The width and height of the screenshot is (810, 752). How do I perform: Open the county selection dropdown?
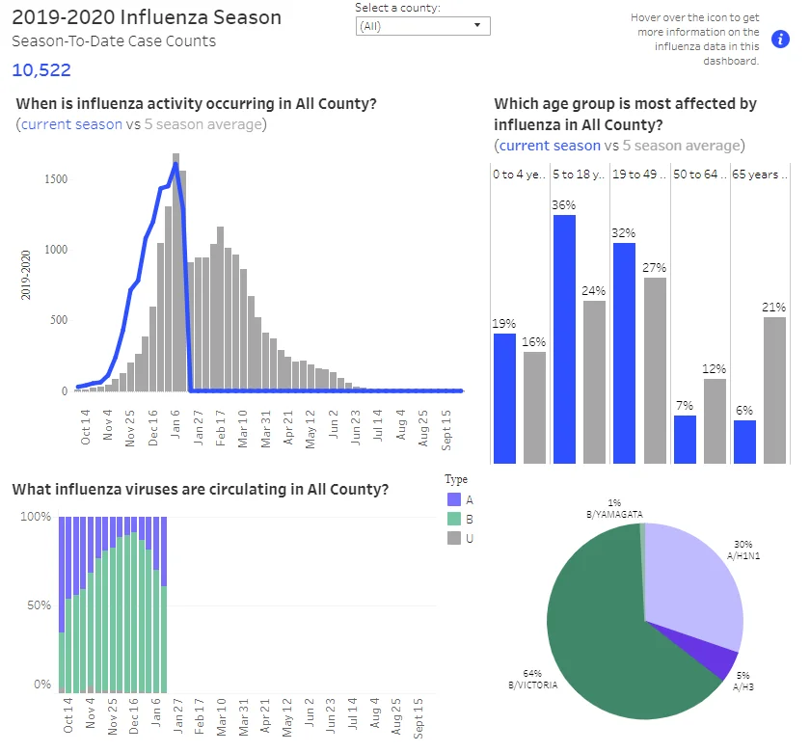tap(422, 26)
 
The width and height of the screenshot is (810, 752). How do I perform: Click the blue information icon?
tap(780, 39)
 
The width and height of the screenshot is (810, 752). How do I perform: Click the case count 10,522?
tap(41, 69)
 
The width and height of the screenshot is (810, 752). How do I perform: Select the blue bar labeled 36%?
tap(564, 338)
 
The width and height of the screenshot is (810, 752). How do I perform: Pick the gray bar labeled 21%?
tap(774, 389)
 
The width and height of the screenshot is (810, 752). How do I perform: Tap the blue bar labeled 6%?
tap(744, 442)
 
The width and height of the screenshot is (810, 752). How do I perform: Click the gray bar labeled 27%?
tap(655, 370)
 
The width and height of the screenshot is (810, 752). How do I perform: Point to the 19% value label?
tap(503, 323)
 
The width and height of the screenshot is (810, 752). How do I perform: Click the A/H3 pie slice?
tap(724, 660)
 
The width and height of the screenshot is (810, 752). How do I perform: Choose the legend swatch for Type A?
tap(454, 499)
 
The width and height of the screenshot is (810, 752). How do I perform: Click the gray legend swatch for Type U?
tap(454, 538)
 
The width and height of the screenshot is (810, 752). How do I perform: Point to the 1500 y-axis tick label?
tap(56, 179)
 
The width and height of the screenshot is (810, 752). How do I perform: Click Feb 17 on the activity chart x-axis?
tap(221, 428)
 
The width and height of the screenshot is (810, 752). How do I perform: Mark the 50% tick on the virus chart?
tap(40, 604)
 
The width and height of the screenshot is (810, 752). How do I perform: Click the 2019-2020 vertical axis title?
tap(26, 275)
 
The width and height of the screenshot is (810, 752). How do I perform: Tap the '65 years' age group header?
tap(760, 175)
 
